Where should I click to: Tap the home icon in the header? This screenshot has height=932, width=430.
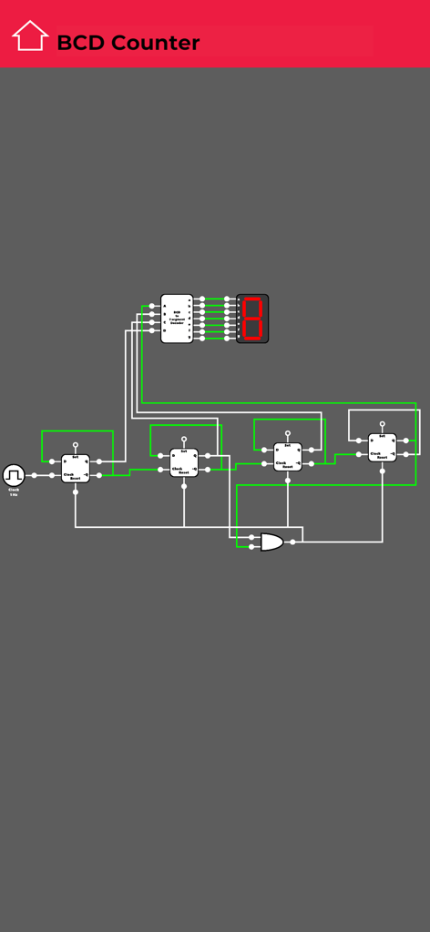(29, 36)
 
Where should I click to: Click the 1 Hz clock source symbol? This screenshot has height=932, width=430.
(14, 475)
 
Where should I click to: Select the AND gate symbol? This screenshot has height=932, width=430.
(271, 542)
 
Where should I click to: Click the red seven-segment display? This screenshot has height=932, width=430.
(252, 318)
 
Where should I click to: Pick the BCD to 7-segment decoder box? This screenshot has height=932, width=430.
(177, 318)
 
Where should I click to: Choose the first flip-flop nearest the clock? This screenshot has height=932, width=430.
(76, 468)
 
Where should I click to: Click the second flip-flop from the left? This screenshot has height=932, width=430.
(184, 462)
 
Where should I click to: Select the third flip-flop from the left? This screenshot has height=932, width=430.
(288, 457)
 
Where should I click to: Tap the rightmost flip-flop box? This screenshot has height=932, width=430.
(383, 447)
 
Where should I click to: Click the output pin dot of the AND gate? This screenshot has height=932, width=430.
(292, 542)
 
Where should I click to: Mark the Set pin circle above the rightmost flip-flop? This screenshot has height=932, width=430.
(383, 424)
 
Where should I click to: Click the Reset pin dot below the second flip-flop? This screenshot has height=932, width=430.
(184, 486)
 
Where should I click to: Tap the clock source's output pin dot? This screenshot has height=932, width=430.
(34, 475)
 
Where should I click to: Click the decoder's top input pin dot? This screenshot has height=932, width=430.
(152, 306)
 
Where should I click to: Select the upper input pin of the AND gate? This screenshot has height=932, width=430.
(251, 537)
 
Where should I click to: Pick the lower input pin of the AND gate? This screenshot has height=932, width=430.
(251, 548)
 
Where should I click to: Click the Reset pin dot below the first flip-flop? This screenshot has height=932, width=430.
(76, 492)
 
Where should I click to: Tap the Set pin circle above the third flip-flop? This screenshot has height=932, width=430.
(288, 433)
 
